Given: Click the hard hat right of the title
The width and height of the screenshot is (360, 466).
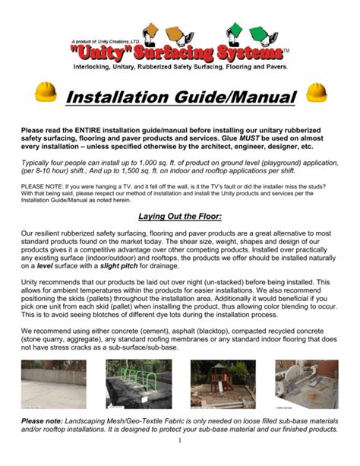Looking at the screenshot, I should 315,94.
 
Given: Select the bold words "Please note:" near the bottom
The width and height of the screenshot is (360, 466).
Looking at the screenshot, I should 43,420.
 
